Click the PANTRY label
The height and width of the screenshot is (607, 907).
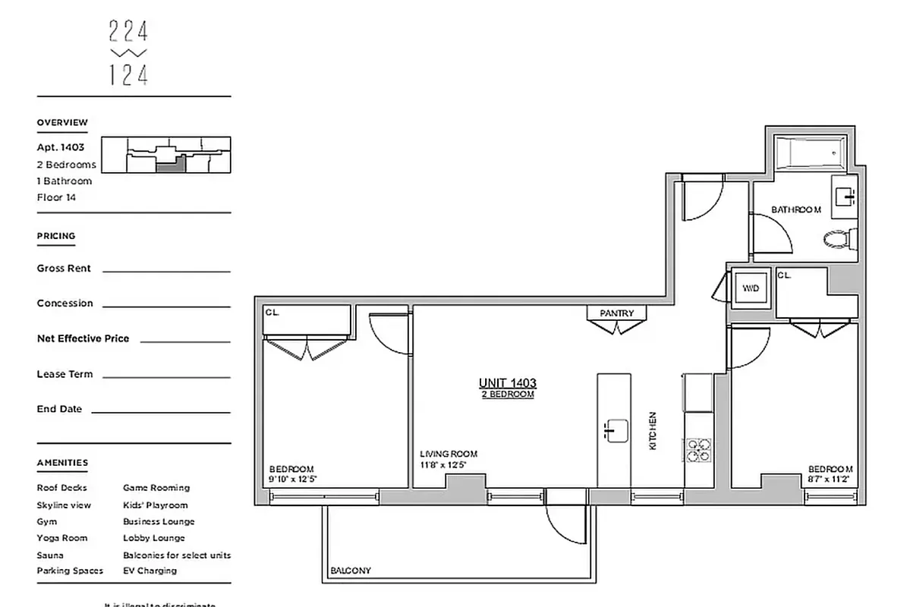[616, 313]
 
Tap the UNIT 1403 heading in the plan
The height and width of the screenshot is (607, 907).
[508, 383]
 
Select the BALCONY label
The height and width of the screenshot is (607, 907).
[350, 571]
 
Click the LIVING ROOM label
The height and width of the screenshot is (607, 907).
[449, 454]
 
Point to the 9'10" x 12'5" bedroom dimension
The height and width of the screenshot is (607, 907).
[291, 480]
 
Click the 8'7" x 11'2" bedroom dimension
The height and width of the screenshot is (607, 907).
[830, 480]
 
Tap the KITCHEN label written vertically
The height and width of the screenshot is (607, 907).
[652, 431]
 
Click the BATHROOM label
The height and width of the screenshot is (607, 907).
[796, 209]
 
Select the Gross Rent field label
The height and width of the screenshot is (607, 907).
[64, 269]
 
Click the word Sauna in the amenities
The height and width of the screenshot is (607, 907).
[50, 555]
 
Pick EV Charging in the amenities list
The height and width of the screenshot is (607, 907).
[150, 571]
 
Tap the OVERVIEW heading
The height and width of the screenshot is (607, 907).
[62, 123]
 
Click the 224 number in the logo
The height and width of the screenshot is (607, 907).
[128, 32]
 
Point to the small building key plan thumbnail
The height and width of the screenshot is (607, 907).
[165, 156]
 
